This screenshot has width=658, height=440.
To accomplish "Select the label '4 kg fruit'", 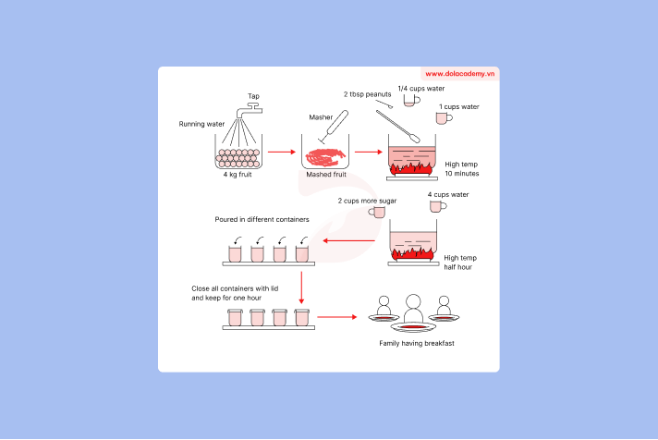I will point(238,174).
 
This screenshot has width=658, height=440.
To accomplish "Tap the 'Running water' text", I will point(202,124).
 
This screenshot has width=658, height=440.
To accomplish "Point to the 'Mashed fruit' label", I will point(325,174).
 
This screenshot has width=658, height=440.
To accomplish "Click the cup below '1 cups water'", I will point(443,119).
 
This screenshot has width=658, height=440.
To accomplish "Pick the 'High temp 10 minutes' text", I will point(461,168).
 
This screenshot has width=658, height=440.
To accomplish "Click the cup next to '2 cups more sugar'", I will point(377,212).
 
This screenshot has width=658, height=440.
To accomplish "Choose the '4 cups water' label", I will point(448,195).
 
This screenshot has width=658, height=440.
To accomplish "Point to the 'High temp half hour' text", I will point(461,263).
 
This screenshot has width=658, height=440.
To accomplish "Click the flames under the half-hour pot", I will point(413,251).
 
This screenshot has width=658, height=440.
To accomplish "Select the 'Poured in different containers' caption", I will point(262,220).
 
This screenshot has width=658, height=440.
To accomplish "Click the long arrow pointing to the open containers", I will point(348,242).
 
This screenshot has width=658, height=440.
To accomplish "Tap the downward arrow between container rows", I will point(301,287).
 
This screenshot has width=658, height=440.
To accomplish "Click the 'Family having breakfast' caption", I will point(416,343).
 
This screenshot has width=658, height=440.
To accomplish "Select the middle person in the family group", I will point(412,304).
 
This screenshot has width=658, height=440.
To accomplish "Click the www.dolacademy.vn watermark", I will point(461,73).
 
